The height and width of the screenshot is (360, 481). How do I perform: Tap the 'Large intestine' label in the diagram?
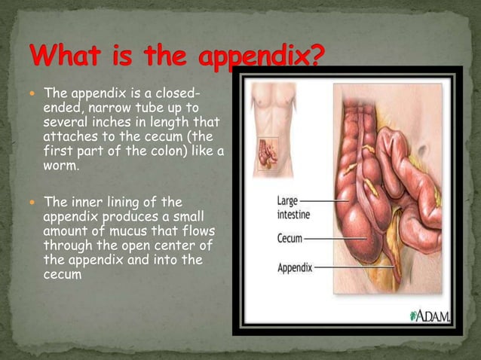tap(294, 207)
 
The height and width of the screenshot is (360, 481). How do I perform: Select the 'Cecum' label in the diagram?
tap(290, 239)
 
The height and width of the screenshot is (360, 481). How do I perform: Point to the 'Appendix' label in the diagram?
tap(295, 267)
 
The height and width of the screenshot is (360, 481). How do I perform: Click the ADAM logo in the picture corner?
tap(430, 316)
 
